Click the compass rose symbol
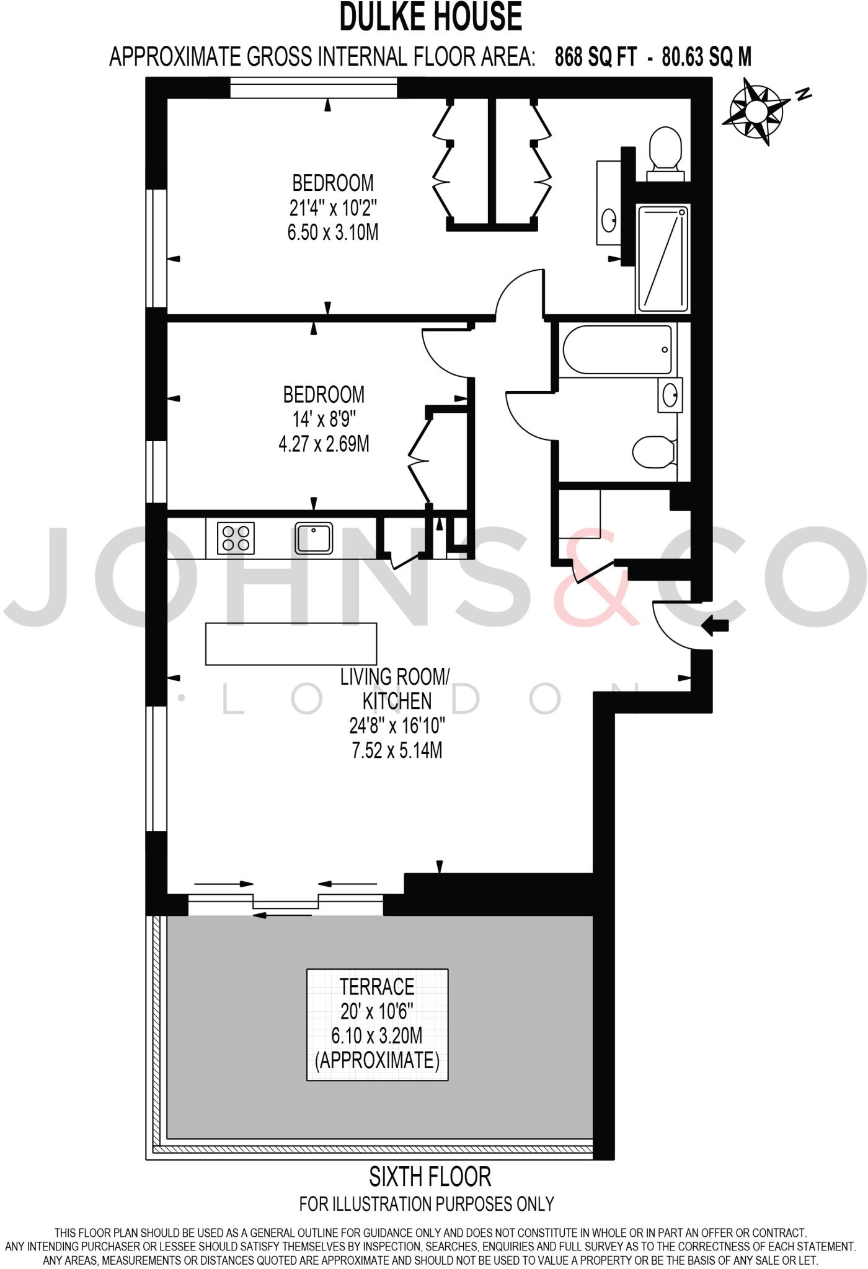point(756,112)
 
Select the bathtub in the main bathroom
point(618,350)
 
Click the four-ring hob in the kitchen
point(236,538)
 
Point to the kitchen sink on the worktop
point(314,538)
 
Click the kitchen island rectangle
point(291,644)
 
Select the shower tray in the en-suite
point(663,259)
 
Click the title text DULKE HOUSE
point(430,17)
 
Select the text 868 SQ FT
point(595,58)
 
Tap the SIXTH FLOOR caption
point(430,1176)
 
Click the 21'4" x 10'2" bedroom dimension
point(333,208)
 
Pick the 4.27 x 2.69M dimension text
point(324,444)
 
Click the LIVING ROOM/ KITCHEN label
point(395,688)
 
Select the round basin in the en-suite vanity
point(609,218)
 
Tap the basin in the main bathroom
point(670,395)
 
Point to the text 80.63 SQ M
point(707,58)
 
